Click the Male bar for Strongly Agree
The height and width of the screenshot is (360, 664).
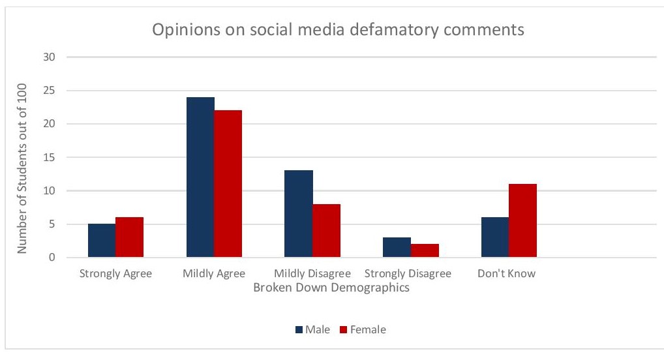[102, 240]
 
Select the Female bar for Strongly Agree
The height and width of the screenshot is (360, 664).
[130, 237]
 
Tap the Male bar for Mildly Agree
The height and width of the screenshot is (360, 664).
[200, 177]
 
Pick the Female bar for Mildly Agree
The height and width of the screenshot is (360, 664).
[228, 184]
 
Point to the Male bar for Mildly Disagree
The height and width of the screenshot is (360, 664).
[299, 214]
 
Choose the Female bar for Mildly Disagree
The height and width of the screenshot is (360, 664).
[327, 230]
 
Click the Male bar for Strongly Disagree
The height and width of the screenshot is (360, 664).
[397, 247]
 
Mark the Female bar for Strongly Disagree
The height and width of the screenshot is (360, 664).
[425, 250]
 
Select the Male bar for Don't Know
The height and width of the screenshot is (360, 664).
[495, 237]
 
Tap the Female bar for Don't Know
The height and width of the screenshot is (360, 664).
[522, 220]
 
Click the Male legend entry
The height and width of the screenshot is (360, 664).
[312, 329]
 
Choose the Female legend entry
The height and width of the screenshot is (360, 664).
[363, 329]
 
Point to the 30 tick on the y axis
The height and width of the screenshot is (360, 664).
[49, 57]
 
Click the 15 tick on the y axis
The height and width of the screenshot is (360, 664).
[49, 157]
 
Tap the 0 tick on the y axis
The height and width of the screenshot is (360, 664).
[52, 258]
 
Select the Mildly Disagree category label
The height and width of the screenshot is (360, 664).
[312, 274]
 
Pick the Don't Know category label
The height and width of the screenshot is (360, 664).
[506, 273]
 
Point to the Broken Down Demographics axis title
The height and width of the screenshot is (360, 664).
[331, 288]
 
